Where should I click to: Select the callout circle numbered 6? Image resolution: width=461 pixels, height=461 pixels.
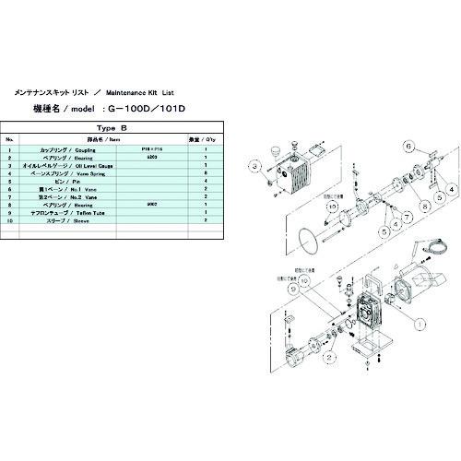(x=408, y=144)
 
